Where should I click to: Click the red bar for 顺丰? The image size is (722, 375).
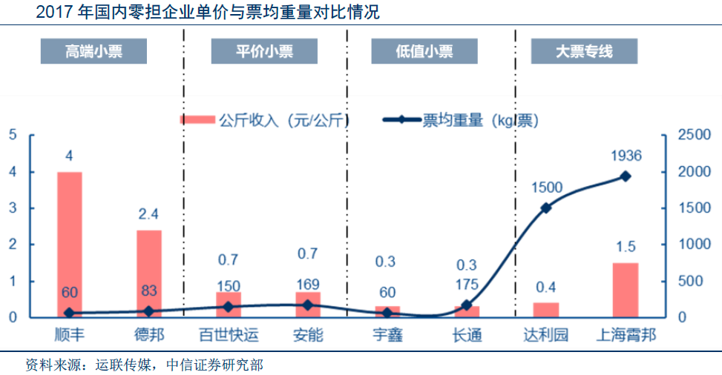pos(70,245)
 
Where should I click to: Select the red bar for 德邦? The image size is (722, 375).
pos(148,273)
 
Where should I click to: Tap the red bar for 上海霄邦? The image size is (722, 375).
pos(626,290)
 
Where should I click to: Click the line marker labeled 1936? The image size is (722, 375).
pos(626,176)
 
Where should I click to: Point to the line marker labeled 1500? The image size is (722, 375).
pos(546,208)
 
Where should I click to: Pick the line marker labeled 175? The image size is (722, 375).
pos(467,305)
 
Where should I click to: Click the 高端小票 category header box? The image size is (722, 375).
pos(93,51)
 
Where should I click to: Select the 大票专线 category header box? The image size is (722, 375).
pos(584,51)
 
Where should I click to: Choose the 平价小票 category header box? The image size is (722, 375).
pos(264,51)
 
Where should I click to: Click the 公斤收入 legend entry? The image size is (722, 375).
pos(264,120)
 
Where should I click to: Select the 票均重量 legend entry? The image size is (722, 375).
pos(460,120)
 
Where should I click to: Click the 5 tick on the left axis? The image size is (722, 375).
pos(13,135)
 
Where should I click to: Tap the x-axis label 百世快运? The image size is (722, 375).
pos(229,335)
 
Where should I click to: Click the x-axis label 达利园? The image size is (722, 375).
pos(545,335)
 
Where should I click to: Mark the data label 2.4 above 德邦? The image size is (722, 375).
pos(149,214)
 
